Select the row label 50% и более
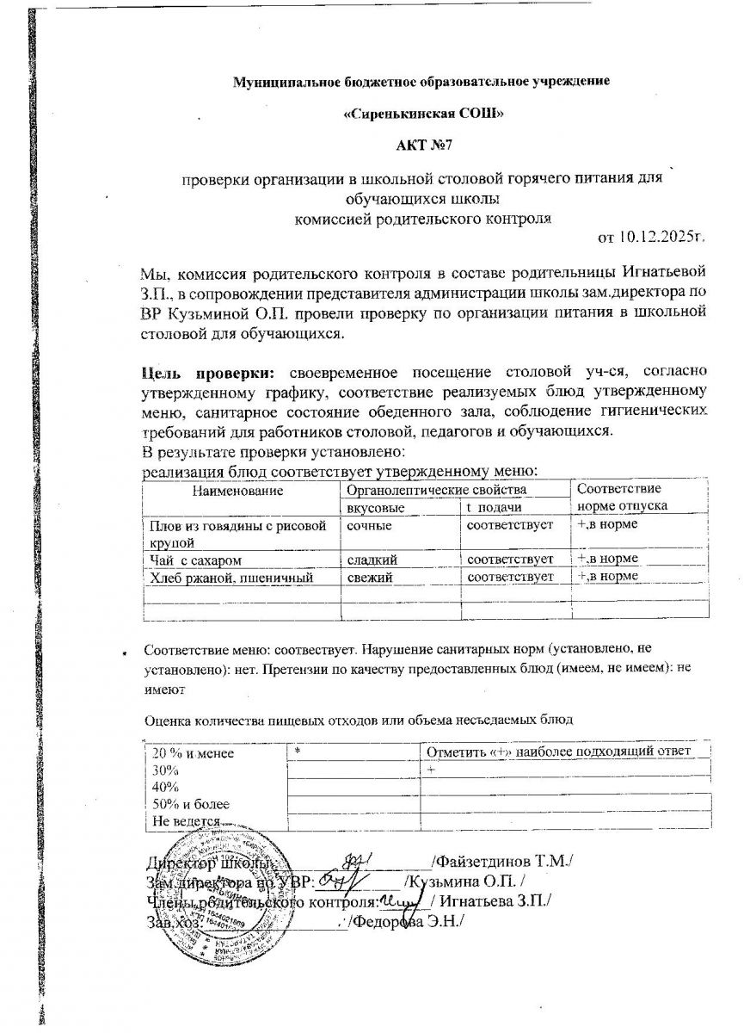click(x=190, y=804)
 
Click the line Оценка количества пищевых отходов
click(x=358, y=719)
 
